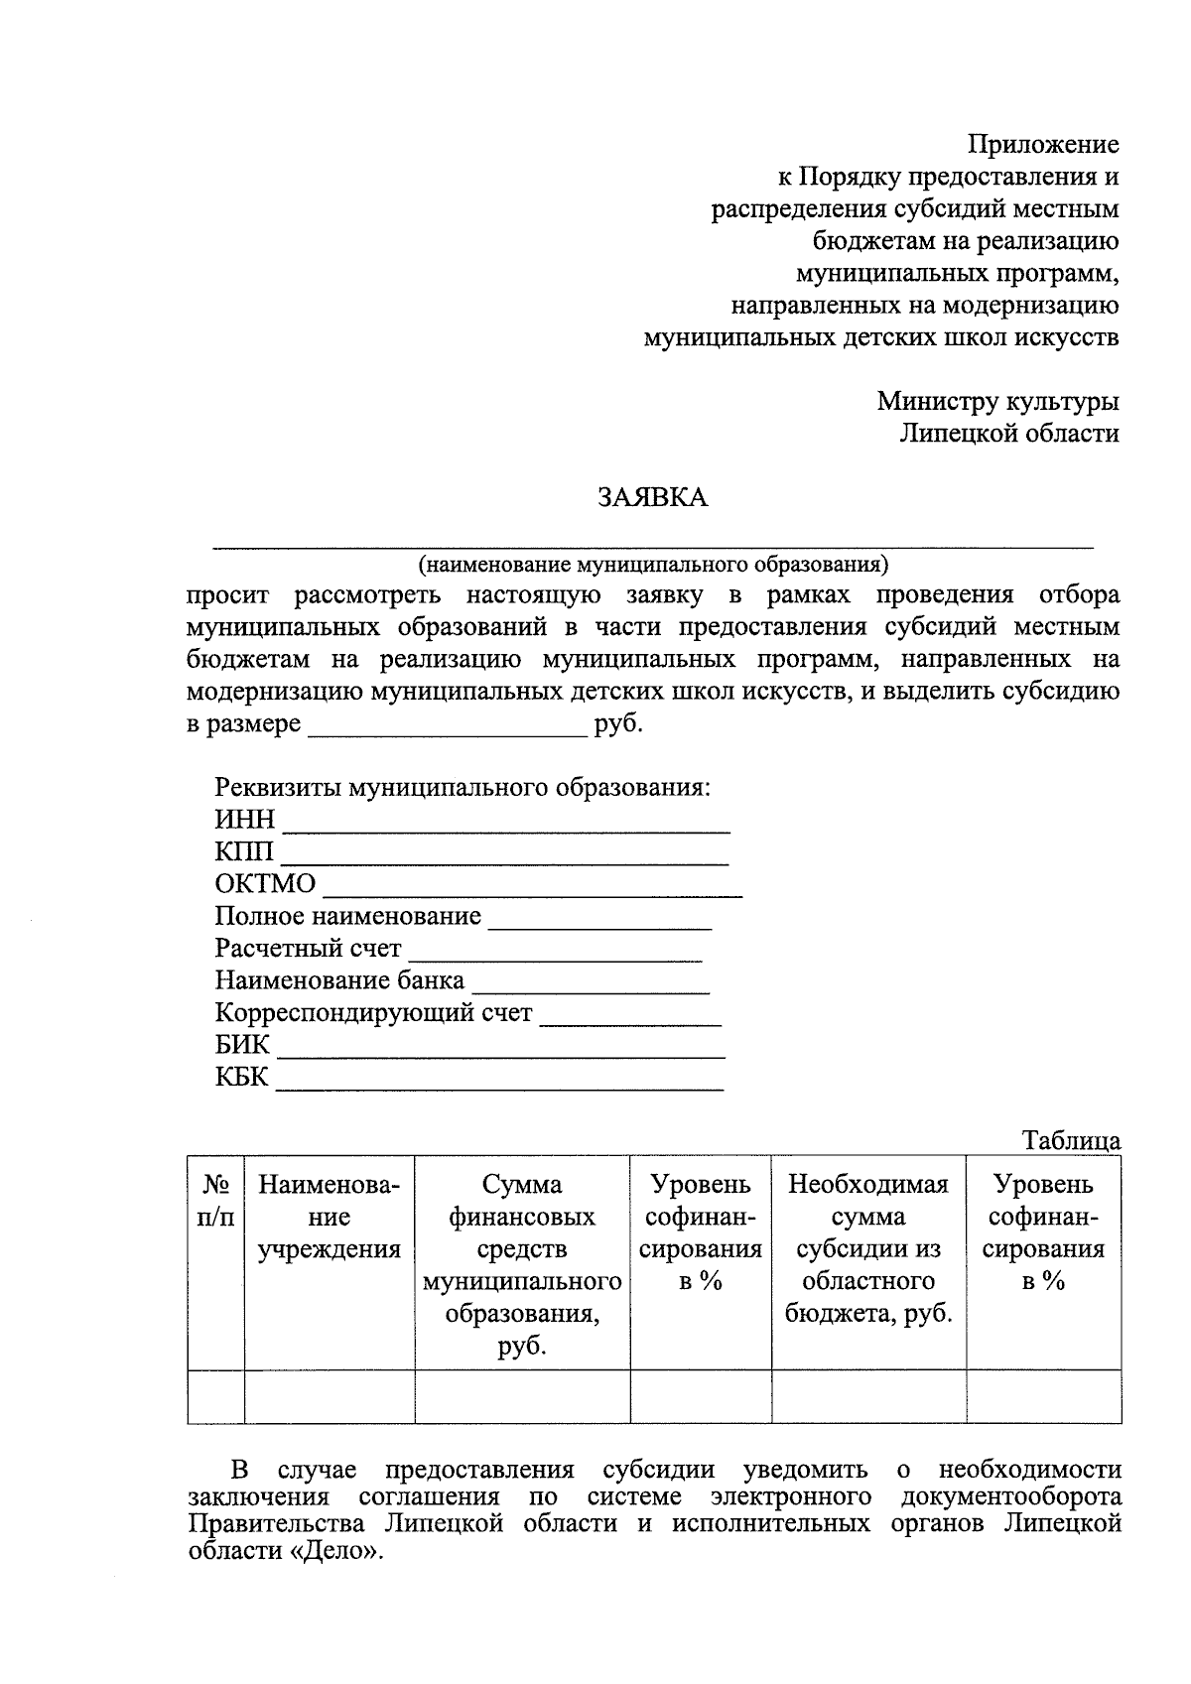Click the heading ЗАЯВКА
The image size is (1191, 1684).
point(652,497)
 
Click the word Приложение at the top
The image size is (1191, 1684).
point(1043,145)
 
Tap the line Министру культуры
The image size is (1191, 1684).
point(997,401)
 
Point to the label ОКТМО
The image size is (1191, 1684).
point(265,883)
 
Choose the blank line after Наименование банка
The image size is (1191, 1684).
point(591,986)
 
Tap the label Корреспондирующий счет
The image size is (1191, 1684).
point(373,1013)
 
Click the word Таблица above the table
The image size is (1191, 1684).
point(1071,1140)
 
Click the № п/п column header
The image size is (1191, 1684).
point(216,1201)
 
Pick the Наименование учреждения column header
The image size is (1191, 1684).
point(330,1217)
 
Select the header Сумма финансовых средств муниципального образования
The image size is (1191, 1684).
point(522,1264)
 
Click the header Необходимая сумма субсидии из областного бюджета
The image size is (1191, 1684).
point(868,1248)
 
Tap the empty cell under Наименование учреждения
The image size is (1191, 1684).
point(330,1396)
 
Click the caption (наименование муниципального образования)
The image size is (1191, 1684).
point(653,565)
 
